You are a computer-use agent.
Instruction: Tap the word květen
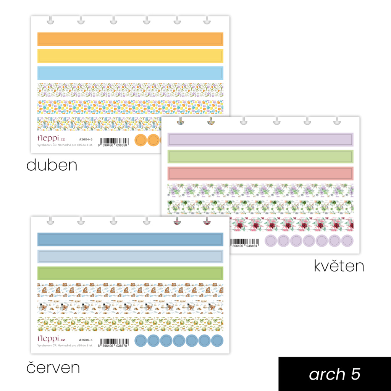[x=339, y=266]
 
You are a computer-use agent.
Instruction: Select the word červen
[x=53, y=367]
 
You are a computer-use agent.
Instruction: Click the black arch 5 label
[x=334, y=374]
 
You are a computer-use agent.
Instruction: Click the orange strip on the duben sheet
[x=130, y=39]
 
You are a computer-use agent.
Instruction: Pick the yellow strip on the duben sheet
[x=130, y=56]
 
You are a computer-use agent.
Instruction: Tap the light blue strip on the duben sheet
[x=130, y=73]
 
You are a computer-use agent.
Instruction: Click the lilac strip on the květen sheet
[x=260, y=139]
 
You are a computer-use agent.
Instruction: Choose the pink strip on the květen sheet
[x=260, y=173]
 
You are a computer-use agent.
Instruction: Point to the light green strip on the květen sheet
[x=260, y=157]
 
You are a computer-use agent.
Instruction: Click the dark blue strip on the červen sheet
[x=130, y=239]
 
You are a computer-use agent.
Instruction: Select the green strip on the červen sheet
[x=130, y=273]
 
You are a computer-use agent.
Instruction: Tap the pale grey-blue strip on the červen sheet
[x=130, y=256]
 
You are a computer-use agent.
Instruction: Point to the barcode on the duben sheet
[x=114, y=141]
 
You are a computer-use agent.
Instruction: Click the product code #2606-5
[x=86, y=339]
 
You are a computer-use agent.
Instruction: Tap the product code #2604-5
[x=86, y=139]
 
